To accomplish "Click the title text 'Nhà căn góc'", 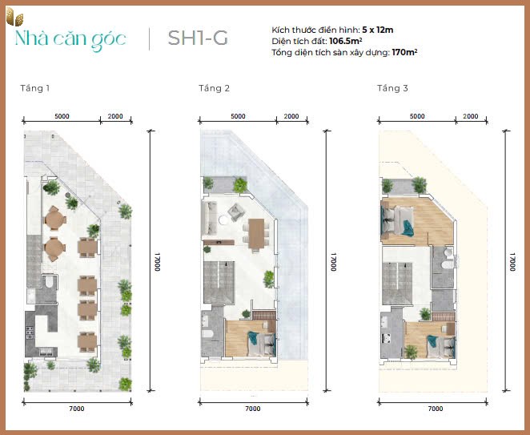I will [x=70, y=39].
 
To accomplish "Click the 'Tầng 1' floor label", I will [x=36, y=87].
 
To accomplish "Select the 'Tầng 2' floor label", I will [x=215, y=87].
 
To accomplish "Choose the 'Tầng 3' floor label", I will [x=392, y=87].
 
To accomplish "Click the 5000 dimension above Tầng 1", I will [x=62, y=116].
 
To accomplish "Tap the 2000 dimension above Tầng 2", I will [x=291, y=116].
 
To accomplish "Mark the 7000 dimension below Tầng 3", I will [x=435, y=409].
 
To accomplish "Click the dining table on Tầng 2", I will [x=257, y=233].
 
